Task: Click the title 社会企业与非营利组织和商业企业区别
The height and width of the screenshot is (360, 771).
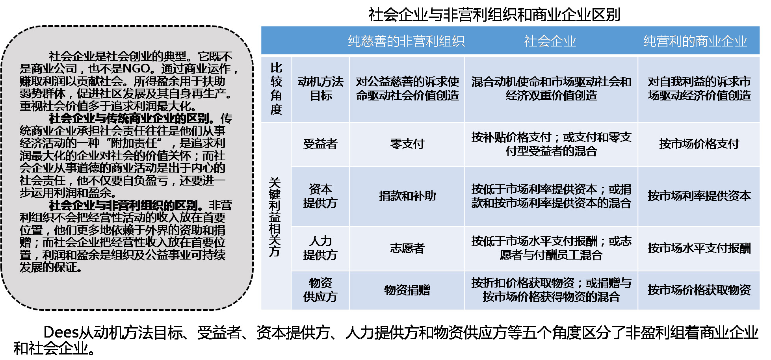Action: click(x=494, y=15)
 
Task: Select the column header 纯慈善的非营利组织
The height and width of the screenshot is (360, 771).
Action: click(x=406, y=41)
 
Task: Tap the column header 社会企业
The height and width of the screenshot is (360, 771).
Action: click(x=550, y=41)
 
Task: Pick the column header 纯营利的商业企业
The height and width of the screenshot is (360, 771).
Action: click(x=695, y=41)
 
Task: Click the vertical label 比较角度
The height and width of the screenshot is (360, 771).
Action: click(x=276, y=89)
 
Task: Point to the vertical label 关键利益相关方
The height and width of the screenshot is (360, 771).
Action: click(x=275, y=217)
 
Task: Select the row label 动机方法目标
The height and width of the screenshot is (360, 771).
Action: click(x=320, y=89)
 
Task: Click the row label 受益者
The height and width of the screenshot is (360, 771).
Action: click(x=320, y=144)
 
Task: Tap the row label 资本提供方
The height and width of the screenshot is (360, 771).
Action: click(x=320, y=196)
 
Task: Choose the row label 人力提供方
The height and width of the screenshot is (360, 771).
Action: click(x=320, y=248)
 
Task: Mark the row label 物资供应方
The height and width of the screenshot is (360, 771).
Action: click(x=320, y=289)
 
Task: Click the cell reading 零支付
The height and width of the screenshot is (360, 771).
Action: click(x=407, y=144)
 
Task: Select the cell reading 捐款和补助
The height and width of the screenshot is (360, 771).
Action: click(x=407, y=196)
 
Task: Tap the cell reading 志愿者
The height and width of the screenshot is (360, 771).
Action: click(x=407, y=248)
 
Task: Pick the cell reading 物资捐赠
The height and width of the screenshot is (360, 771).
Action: click(x=407, y=290)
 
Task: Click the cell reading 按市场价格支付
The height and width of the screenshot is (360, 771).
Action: click(x=699, y=144)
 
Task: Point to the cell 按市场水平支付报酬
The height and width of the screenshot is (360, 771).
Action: click(x=699, y=248)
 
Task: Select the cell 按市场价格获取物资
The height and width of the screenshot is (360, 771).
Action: click(x=699, y=290)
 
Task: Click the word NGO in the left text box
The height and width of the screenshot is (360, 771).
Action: click(x=136, y=69)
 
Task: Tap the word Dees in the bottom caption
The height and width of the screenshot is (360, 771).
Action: click(x=61, y=333)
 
